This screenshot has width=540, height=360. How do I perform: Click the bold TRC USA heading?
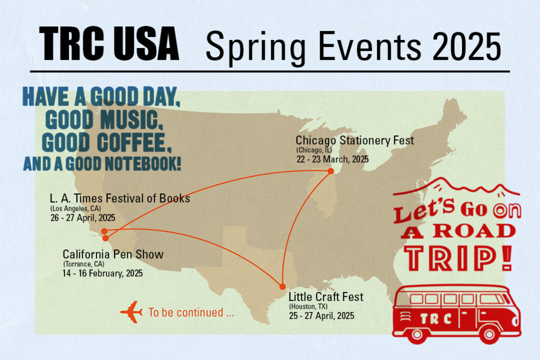[109, 45]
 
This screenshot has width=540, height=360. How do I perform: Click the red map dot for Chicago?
[331, 171]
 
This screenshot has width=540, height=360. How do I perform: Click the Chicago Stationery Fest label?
[354, 141]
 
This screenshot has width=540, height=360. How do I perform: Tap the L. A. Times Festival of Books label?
[120, 199]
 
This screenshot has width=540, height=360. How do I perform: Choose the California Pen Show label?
[113, 255]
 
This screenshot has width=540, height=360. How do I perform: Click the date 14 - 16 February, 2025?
[102, 274]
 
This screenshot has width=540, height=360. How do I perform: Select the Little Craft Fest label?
[326, 297]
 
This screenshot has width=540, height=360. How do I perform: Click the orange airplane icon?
[131, 312]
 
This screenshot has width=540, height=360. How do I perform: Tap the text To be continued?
[191, 313]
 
